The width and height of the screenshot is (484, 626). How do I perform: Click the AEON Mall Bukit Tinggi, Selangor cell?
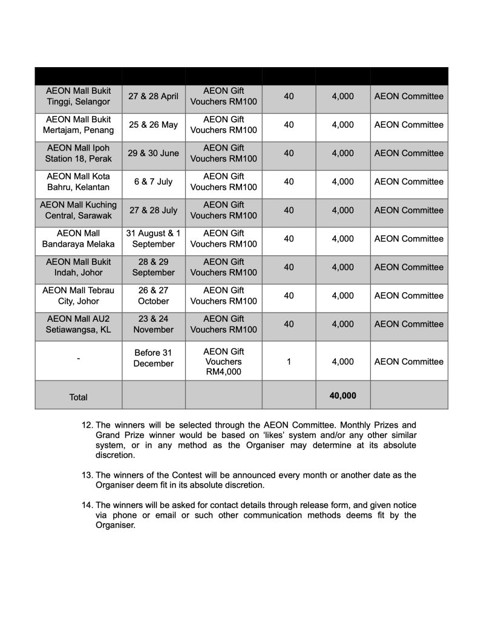click(78, 96)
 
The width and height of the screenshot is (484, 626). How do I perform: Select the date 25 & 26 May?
click(153, 125)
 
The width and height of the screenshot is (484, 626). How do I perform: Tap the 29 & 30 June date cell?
click(153, 153)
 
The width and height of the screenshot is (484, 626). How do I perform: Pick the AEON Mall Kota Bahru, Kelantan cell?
click(78, 181)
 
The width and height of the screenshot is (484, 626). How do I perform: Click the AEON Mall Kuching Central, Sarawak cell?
click(78, 210)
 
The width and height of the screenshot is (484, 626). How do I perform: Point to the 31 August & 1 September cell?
click(153, 238)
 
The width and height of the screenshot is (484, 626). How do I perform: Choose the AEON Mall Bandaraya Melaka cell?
click(78, 238)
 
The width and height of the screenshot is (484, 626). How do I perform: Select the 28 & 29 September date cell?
click(153, 267)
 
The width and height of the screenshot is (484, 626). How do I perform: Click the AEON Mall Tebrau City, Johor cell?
click(78, 295)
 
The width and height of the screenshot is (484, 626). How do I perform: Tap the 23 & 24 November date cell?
click(153, 324)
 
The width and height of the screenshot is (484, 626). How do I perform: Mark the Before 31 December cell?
click(153, 358)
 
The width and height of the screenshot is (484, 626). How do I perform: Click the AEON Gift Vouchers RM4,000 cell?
click(223, 361)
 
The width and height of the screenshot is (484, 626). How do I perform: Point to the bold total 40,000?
click(342, 396)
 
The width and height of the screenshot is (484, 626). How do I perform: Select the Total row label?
click(78, 397)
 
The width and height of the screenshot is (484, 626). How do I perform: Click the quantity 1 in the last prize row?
click(289, 362)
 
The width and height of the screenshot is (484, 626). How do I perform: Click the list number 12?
click(87, 425)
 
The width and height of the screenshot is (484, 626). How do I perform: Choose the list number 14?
click(87, 505)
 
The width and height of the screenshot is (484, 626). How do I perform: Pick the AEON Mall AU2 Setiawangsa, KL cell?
click(78, 324)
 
